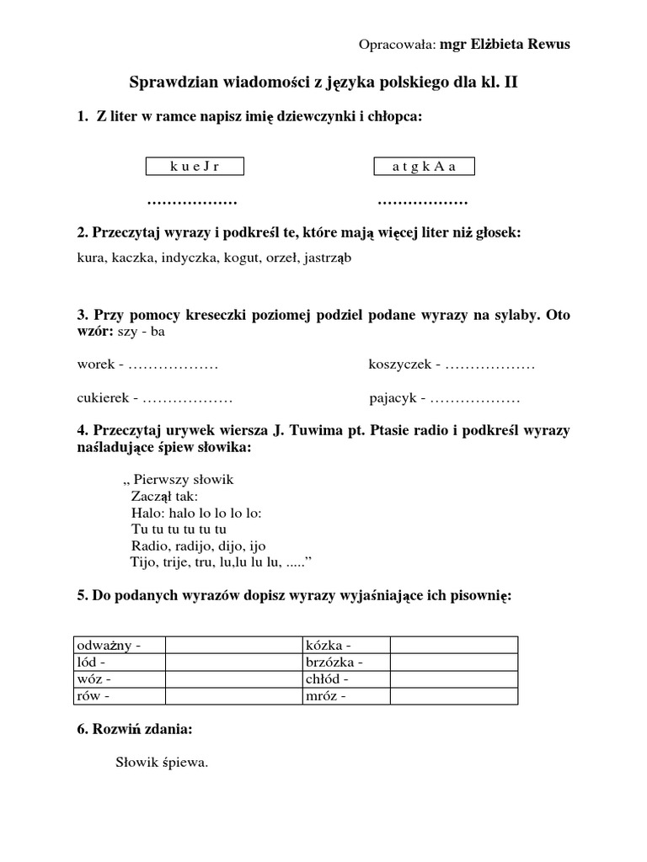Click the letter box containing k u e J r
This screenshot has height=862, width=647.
pos(195,167)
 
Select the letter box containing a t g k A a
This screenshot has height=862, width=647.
pos(424,167)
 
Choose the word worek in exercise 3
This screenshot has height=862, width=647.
pos(94,365)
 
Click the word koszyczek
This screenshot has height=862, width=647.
pos(399,365)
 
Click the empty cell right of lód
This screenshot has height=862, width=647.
pos(233,662)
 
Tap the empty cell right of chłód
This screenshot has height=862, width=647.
pos(453,678)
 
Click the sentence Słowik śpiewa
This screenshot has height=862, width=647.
pos(161,764)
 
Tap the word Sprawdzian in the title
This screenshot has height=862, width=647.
pos(173,82)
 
